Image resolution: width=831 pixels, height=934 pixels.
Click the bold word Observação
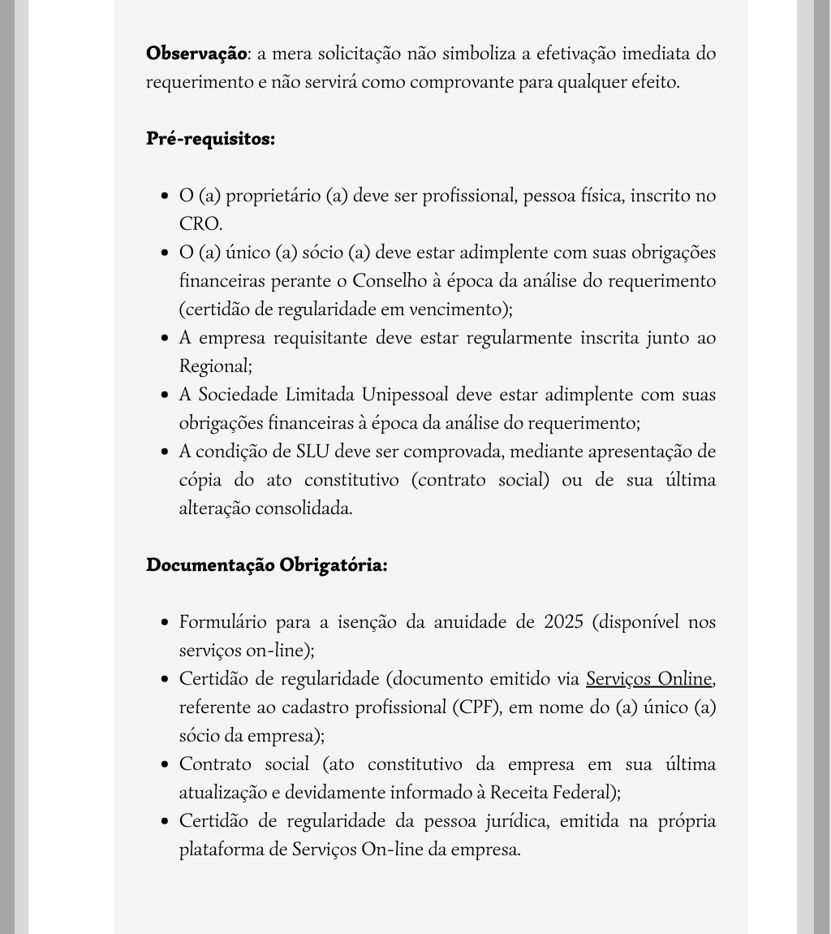[x=196, y=54]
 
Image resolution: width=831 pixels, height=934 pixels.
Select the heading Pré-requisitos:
[x=210, y=139]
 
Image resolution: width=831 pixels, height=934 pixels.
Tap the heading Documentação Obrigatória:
[x=266, y=564]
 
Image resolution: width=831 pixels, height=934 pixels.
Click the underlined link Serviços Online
[x=649, y=678]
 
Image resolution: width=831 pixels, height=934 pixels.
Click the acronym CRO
[x=200, y=224]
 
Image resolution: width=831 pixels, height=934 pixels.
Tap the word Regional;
[x=215, y=366]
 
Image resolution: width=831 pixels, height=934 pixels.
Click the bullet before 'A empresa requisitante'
[x=165, y=338]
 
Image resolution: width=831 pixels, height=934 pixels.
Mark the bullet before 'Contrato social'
[x=165, y=764]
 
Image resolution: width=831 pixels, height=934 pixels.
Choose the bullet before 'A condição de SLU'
[x=165, y=452]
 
